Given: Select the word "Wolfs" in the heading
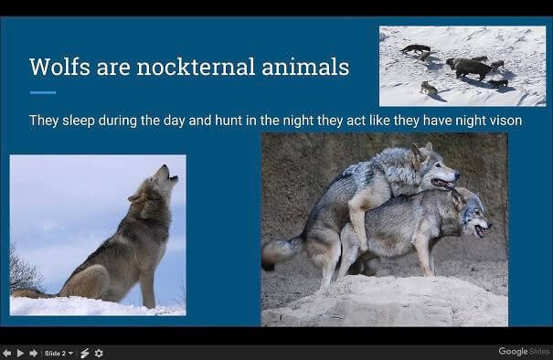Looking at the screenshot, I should pyautogui.click(x=56, y=67).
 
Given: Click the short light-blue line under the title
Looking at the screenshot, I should pyautogui.click(x=43, y=93).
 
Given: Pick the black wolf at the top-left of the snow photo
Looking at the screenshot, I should pyautogui.click(x=415, y=48).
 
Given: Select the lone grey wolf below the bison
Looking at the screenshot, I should pyautogui.click(x=428, y=88).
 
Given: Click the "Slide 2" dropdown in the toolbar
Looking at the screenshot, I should pyautogui.click(x=59, y=353).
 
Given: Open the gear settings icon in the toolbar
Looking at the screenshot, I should pyautogui.click(x=99, y=353).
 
